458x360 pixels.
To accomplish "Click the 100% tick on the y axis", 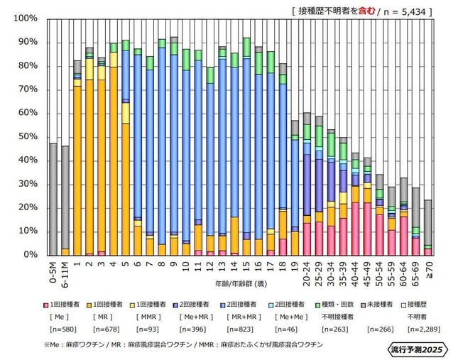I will (x=26, y=18).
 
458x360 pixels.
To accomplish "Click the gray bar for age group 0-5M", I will (x=53, y=199).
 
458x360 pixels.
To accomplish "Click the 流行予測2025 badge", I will (x=417, y=350).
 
